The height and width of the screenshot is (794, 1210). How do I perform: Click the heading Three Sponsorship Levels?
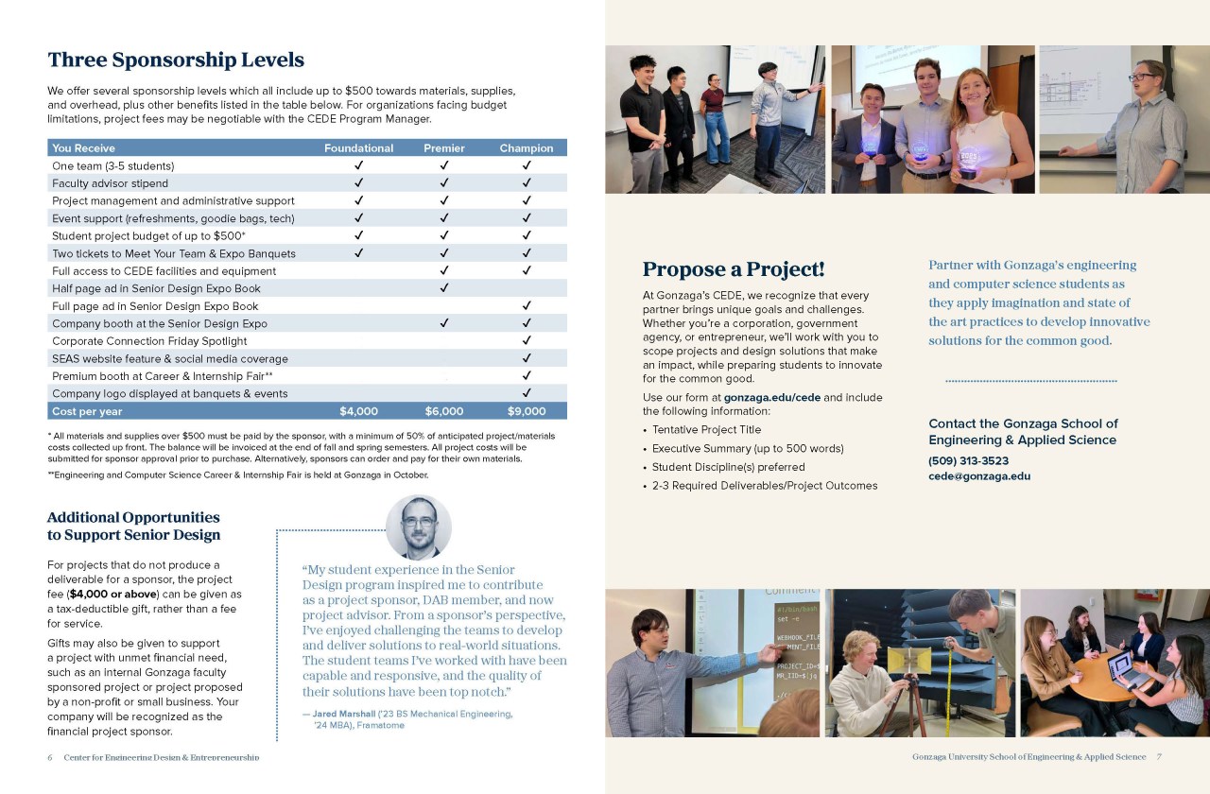click(176, 60)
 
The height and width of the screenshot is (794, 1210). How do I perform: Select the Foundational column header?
click(358, 148)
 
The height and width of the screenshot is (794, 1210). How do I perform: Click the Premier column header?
click(443, 148)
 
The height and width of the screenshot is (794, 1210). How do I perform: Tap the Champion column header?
click(527, 148)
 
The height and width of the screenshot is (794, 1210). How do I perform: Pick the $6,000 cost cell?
click(443, 411)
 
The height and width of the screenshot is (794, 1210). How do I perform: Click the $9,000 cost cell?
click(527, 411)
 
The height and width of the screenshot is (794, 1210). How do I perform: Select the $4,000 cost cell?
click(358, 411)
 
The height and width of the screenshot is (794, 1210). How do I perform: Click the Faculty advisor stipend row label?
click(110, 183)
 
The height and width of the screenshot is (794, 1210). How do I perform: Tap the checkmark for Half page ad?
click(443, 288)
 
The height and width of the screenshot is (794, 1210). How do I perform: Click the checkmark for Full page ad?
click(527, 306)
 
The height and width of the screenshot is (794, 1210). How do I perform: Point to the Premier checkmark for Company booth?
click(443, 323)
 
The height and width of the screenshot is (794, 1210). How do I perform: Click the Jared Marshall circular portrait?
click(419, 527)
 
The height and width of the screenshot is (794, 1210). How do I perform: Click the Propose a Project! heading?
click(734, 269)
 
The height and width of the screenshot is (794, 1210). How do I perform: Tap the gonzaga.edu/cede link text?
click(771, 397)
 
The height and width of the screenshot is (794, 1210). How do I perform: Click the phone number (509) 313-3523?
click(968, 461)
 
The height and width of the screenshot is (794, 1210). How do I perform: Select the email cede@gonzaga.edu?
click(979, 476)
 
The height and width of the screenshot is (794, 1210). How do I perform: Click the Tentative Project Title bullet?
click(706, 429)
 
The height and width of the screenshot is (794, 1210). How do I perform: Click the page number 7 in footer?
click(1158, 757)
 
